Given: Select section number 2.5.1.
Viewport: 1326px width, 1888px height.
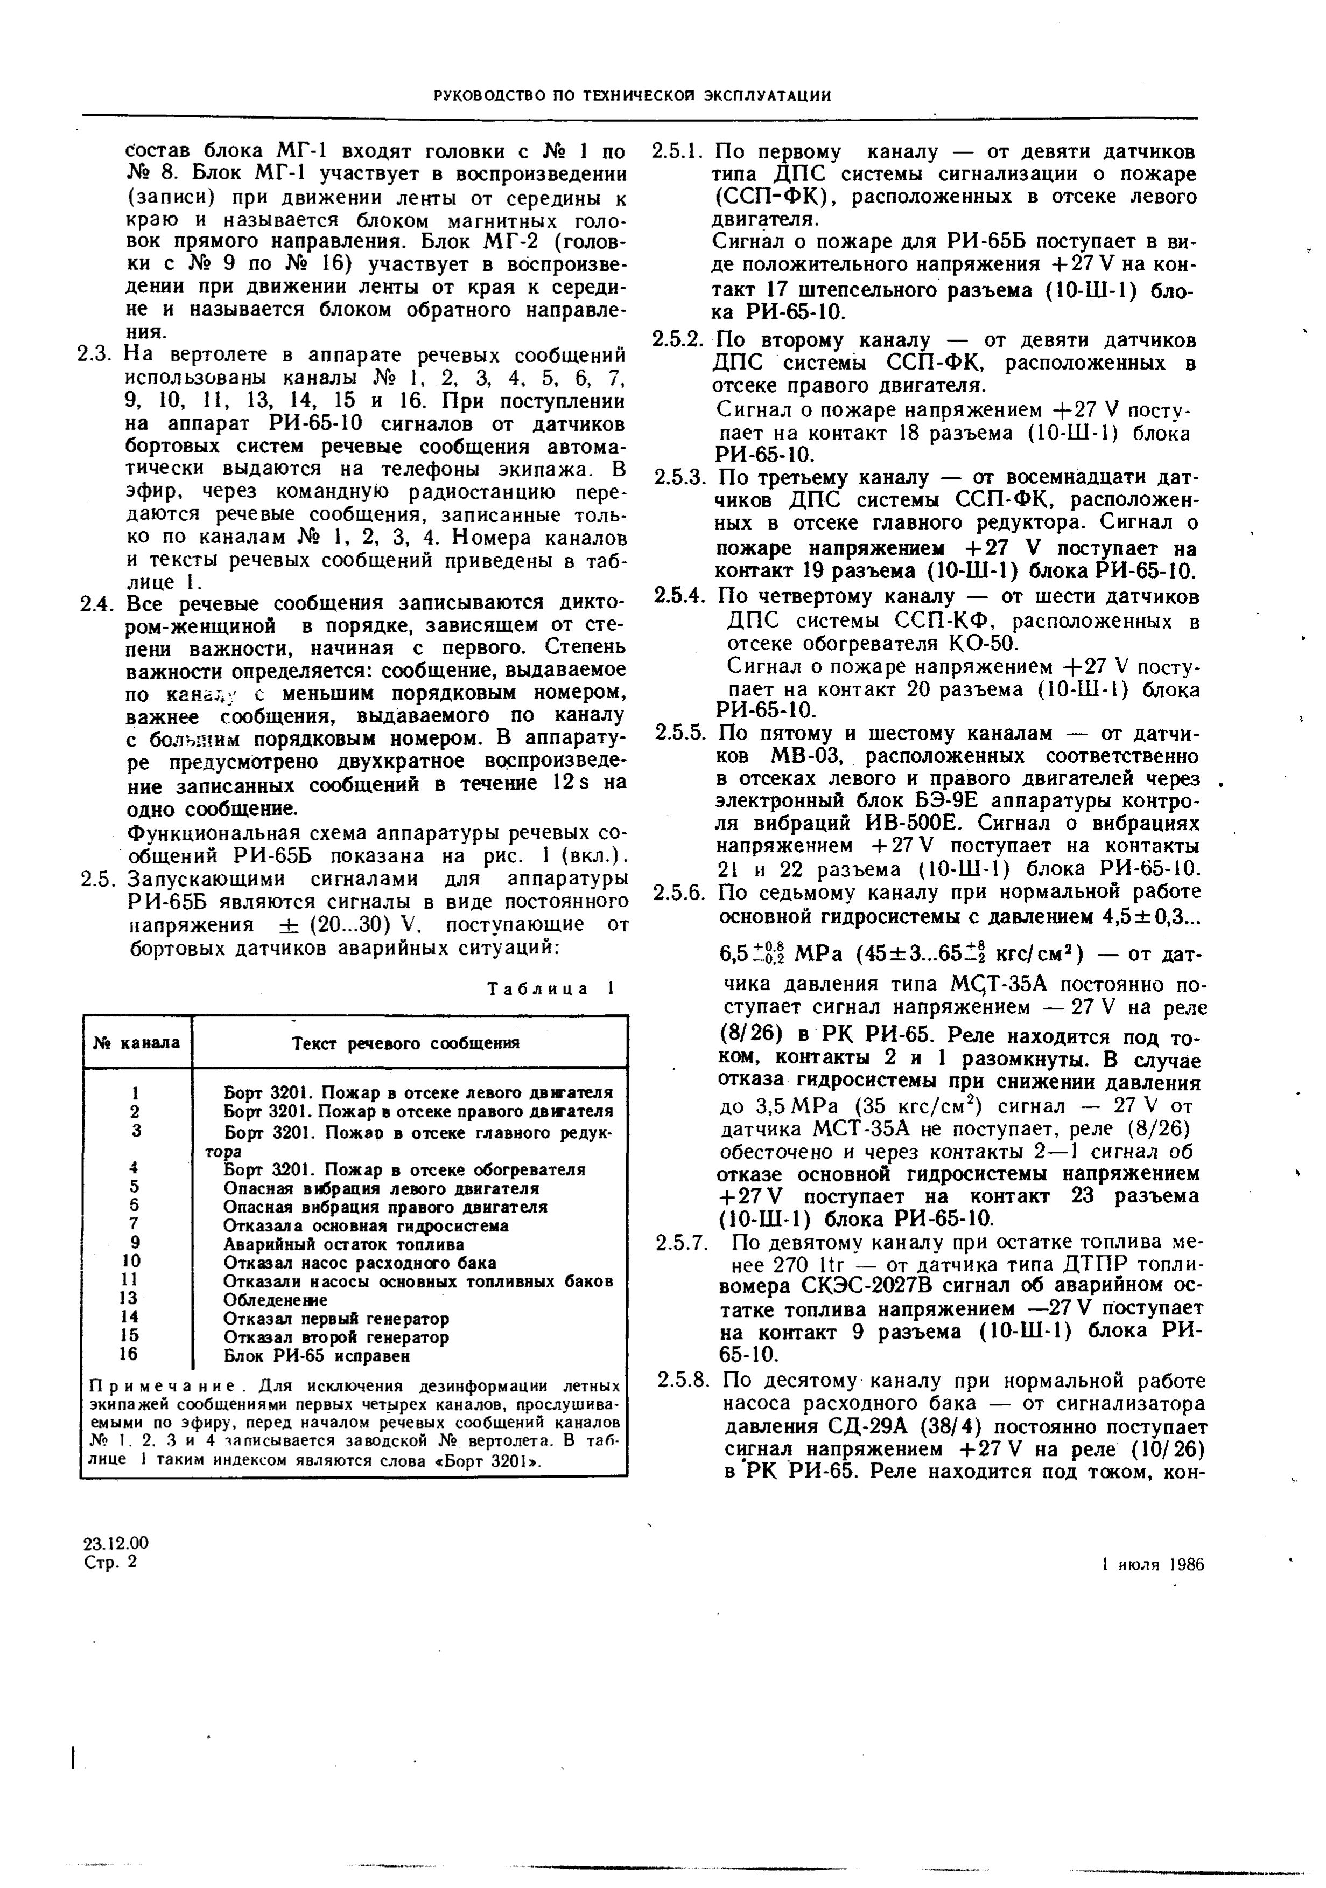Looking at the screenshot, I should tap(676, 152).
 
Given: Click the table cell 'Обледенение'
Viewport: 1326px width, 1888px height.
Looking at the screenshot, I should tap(276, 1300).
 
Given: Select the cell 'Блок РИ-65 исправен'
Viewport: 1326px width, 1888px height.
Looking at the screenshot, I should tap(317, 1355).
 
